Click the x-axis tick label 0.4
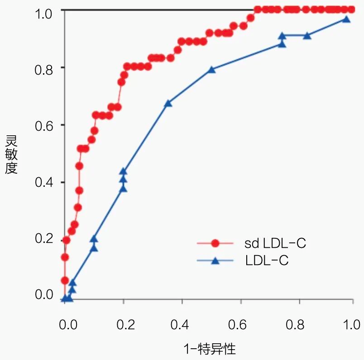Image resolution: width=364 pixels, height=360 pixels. [181, 325]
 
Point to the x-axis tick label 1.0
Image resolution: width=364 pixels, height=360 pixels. [351, 325]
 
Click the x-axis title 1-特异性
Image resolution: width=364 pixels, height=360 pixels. [210, 349]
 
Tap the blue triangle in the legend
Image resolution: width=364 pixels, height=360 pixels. [215, 261]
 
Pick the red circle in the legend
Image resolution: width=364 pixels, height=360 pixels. [215, 243]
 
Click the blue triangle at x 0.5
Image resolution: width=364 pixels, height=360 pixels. [211, 70]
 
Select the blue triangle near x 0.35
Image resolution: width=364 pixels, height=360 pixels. [168, 103]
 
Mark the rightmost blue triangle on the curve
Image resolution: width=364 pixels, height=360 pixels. [346, 19]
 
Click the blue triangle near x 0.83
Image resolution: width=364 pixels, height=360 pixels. [307, 35]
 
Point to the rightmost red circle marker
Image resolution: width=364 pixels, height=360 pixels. [351, 9]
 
